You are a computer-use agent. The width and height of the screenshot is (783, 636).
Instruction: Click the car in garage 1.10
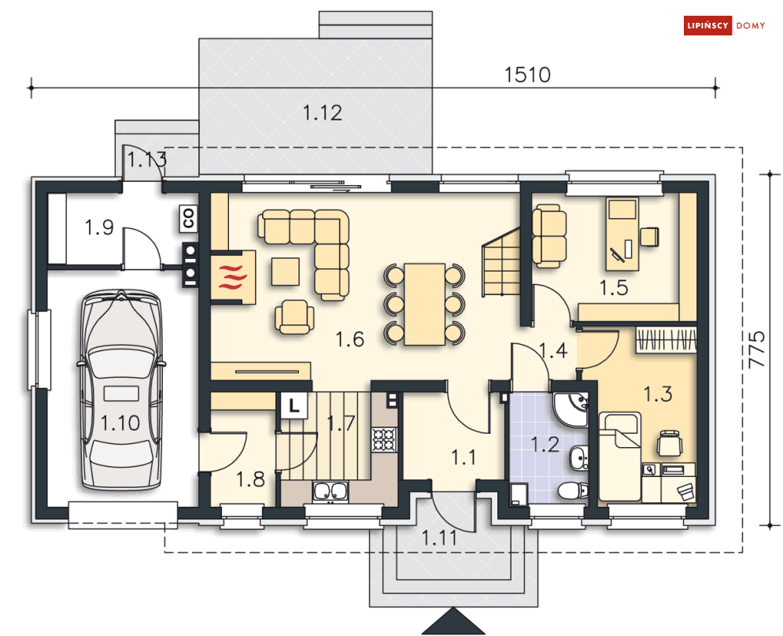pyautogui.click(x=120, y=390)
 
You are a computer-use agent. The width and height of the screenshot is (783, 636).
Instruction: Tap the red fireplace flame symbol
pyautogui.click(x=233, y=277)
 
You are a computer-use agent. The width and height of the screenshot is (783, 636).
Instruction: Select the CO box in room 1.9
pyautogui.click(x=188, y=218)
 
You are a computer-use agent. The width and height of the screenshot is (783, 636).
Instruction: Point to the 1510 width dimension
pyautogui.click(x=526, y=75)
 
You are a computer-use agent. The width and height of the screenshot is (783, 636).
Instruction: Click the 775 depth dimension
pyautogui.click(x=757, y=349)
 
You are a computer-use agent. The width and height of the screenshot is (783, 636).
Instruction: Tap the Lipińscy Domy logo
pyautogui.click(x=724, y=25)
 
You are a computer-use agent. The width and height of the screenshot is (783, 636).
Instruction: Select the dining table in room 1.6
pyautogui.click(x=424, y=305)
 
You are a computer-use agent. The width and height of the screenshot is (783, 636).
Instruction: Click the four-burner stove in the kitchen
pyautogui.click(x=384, y=440)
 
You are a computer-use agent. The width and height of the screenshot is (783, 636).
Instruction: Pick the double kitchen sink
pyautogui.click(x=330, y=492)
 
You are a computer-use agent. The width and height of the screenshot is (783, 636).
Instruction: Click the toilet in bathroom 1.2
pyautogui.click(x=573, y=490)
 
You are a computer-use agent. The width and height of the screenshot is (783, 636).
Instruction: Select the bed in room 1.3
pyautogui.click(x=619, y=457)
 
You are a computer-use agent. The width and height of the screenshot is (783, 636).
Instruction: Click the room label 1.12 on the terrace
pyautogui.click(x=323, y=113)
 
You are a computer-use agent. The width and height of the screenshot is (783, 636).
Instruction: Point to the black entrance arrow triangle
pyautogui.click(x=453, y=621)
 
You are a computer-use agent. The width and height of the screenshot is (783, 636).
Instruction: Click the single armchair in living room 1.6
pyautogui.click(x=294, y=316)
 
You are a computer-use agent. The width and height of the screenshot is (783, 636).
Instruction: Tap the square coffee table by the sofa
pyautogui.click(x=286, y=272)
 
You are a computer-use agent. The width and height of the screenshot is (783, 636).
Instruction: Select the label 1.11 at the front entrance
pyautogui.click(x=439, y=538)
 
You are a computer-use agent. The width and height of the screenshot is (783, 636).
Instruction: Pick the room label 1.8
pyautogui.click(x=250, y=479)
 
